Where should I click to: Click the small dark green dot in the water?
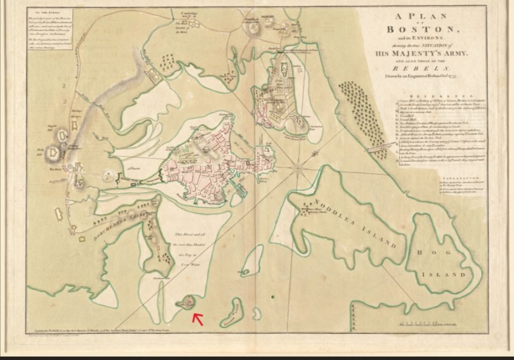(x=272, y=295)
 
